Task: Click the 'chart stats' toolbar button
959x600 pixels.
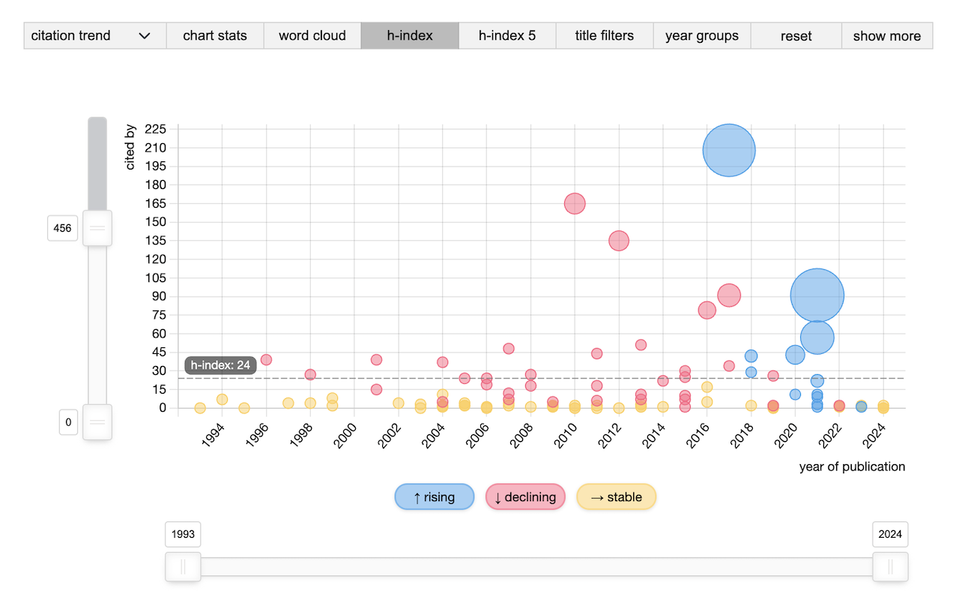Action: coord(215,36)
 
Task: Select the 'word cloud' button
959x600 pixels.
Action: coord(312,36)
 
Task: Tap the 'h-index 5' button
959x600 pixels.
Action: coord(507,36)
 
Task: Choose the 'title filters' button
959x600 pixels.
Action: coord(605,36)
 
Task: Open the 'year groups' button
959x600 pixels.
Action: coord(702,36)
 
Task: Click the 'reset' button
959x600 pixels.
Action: coord(796,36)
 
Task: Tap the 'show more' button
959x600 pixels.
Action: coord(887,36)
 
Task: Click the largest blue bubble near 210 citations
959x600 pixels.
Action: coord(729,150)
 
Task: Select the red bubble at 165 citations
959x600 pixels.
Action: coord(575,203)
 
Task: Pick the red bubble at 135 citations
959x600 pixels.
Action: coord(619,241)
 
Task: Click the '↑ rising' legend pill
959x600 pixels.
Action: coord(435,497)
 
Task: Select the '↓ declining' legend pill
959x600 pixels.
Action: coord(525,497)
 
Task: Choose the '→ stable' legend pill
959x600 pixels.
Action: coord(616,497)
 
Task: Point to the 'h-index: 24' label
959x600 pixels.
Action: coord(221,366)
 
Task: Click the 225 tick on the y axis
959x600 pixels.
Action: coord(154,129)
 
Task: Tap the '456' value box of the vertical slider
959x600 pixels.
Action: coord(63,228)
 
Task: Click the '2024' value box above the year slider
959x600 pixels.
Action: coord(890,534)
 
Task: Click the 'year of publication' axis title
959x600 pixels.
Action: coord(852,467)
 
